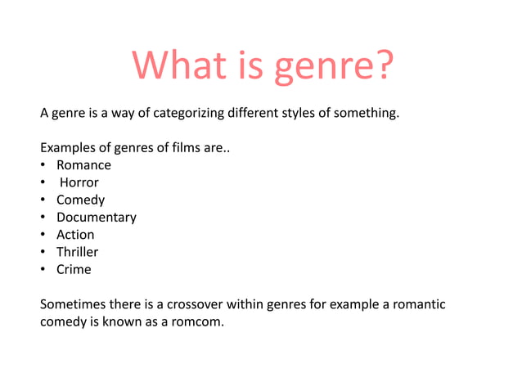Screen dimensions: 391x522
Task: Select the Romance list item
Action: pyautogui.click(x=83, y=165)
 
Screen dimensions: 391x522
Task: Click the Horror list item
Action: pyautogui.click(x=79, y=182)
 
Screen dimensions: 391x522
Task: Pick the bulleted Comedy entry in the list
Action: pyautogui.click(x=80, y=200)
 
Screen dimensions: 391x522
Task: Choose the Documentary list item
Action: pyautogui.click(x=96, y=218)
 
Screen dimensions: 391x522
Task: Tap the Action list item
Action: pyautogui.click(x=75, y=235)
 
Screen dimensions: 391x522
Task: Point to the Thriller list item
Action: pyautogui.click(x=77, y=252)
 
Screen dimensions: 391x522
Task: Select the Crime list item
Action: pyautogui.click(x=74, y=269)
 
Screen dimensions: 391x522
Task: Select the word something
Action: pyautogui.click(x=367, y=113)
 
